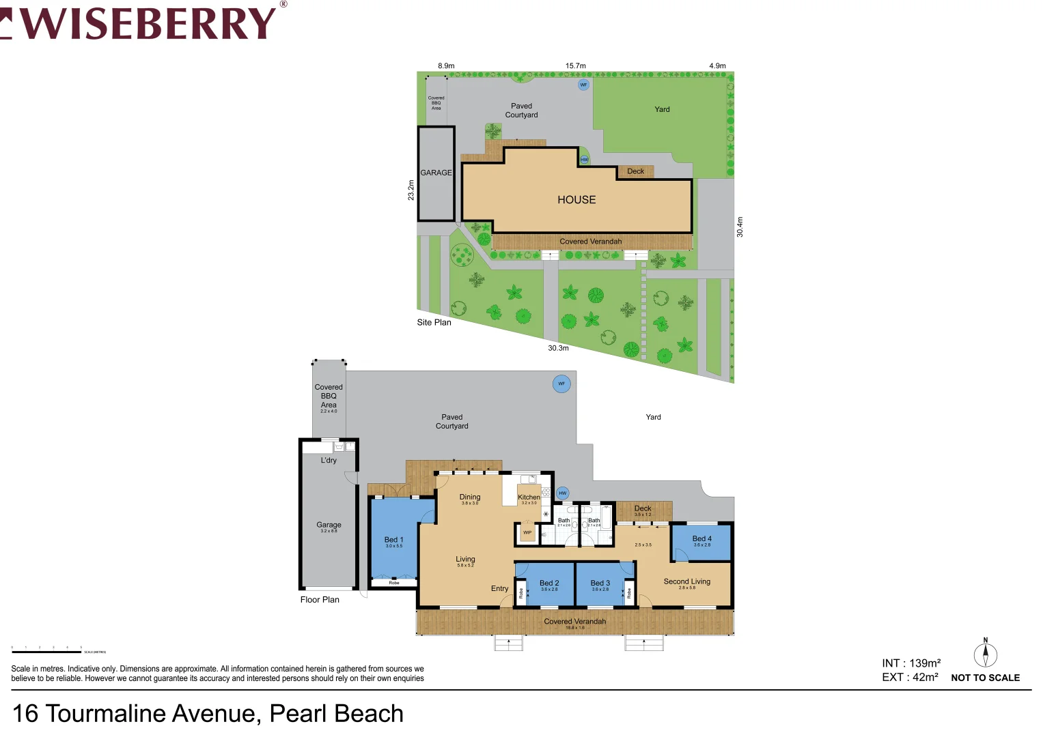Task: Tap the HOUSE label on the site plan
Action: pyautogui.click(x=576, y=200)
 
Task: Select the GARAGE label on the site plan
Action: pyautogui.click(x=436, y=173)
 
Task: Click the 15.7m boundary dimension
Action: pyautogui.click(x=575, y=66)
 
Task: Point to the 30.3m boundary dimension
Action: pyautogui.click(x=558, y=348)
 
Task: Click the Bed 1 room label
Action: pyautogui.click(x=394, y=540)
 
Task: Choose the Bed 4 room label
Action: pyautogui.click(x=702, y=539)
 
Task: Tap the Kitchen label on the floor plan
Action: pyautogui.click(x=529, y=497)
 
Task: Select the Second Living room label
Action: pyautogui.click(x=686, y=581)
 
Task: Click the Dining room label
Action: pyautogui.click(x=470, y=497)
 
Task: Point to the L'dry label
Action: pyautogui.click(x=329, y=461)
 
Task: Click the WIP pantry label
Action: pyautogui.click(x=527, y=532)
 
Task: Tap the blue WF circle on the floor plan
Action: pyautogui.click(x=561, y=384)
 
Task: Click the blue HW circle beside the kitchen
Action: pyautogui.click(x=563, y=493)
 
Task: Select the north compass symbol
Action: pyautogui.click(x=985, y=654)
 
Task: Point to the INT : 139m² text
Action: pyautogui.click(x=911, y=663)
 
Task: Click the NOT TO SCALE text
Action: pyautogui.click(x=985, y=678)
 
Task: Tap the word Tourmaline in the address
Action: pyautogui.click(x=153, y=714)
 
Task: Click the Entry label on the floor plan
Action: pyautogui.click(x=499, y=589)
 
